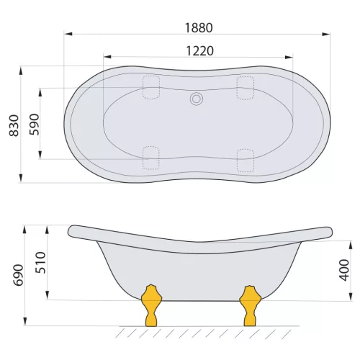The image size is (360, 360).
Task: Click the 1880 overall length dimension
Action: pyautogui.click(x=198, y=27)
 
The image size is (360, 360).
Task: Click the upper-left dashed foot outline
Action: pyautogui.click(x=151, y=86)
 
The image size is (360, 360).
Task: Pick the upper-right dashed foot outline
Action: pyautogui.click(x=246, y=86)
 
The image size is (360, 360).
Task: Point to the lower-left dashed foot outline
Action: pyautogui.click(x=151, y=158)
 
